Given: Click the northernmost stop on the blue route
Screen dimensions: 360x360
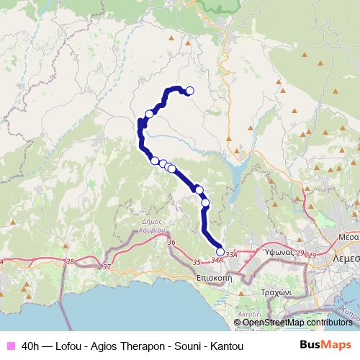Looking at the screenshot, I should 190,91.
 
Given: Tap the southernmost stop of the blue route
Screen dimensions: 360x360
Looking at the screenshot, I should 220,252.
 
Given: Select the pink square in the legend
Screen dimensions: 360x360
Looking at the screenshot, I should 10,346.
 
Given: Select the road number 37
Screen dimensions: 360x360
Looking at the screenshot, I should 107,267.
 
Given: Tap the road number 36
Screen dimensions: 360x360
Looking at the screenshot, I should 171,243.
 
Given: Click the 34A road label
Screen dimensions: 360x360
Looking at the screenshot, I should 217,261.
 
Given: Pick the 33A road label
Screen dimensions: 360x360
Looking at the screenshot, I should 230,254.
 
